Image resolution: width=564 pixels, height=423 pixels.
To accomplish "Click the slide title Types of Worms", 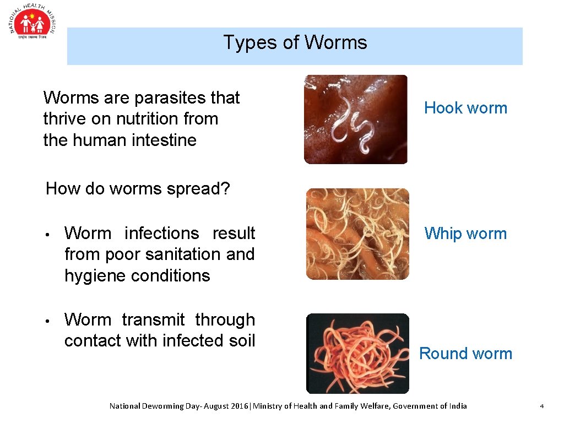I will [295, 42].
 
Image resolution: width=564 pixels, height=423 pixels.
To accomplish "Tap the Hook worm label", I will [465, 108].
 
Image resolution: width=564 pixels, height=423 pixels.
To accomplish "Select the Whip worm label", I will [465, 234].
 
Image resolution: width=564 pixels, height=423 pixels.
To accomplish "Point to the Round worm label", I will [465, 354].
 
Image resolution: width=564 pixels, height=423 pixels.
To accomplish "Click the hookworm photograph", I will [356, 120].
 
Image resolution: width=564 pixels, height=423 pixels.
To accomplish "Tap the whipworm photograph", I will [357, 234].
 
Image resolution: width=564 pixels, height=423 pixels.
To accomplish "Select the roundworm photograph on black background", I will [357, 354].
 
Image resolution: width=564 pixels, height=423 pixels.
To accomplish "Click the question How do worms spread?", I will [138, 189].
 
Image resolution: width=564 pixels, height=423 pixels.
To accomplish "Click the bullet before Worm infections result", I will [48, 235].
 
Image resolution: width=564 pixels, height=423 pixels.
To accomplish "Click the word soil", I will [242, 341].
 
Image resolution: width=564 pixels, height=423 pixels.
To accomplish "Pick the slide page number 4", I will [541, 406].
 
